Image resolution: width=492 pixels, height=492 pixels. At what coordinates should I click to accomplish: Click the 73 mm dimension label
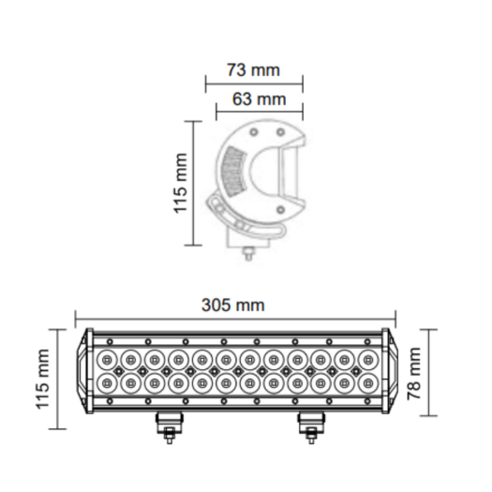(252, 69)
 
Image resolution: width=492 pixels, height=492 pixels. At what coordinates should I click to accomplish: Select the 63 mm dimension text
(252, 98)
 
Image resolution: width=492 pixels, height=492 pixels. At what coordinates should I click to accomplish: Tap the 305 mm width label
(232, 304)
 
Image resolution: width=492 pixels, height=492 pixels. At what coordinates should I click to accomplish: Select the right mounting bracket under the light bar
(306, 426)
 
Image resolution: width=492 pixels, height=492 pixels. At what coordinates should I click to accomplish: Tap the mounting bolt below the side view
(248, 250)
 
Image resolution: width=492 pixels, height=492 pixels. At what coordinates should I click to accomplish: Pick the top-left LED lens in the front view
(106, 359)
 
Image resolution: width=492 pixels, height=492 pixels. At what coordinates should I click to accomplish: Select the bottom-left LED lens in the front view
(106, 383)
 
